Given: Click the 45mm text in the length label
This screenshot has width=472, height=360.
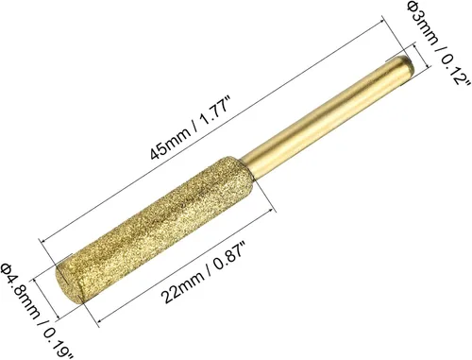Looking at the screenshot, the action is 171,143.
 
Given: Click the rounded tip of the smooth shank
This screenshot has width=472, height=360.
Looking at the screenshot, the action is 408,63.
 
